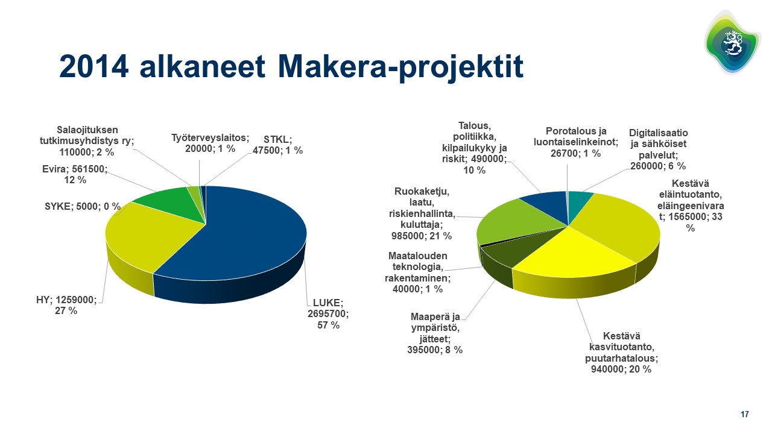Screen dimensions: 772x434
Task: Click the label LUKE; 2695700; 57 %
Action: pos(328,314)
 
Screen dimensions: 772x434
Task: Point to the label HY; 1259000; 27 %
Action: pos(66,305)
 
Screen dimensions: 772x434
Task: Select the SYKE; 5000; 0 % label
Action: pos(83,206)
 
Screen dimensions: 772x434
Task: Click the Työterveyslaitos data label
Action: pos(210,143)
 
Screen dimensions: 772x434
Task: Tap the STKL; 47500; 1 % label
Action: pos(278,145)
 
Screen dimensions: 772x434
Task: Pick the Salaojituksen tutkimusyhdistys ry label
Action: pos(87,141)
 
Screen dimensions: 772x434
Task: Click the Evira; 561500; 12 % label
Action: pos(75,174)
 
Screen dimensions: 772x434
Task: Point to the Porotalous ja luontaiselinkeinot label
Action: pos(575,142)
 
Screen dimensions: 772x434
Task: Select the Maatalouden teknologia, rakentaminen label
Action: pos(418,272)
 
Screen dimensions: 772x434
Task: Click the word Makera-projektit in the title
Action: pos(400,67)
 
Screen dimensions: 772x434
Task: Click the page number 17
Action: pos(745,414)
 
